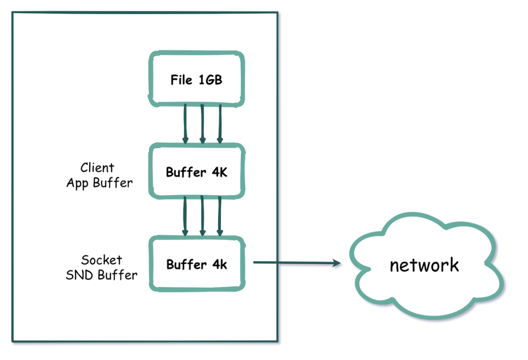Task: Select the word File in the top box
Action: [182, 80]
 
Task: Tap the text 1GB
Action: [210, 80]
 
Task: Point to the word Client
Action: [98, 168]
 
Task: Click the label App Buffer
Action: [99, 183]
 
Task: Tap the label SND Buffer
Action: [102, 275]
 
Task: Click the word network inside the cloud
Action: [424, 265]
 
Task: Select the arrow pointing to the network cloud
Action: [296, 263]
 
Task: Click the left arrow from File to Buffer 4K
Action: [185, 124]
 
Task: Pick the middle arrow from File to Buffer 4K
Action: [202, 124]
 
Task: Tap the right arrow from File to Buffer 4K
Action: [220, 124]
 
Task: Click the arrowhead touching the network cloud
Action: [336, 264]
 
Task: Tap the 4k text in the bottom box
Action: [219, 265]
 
